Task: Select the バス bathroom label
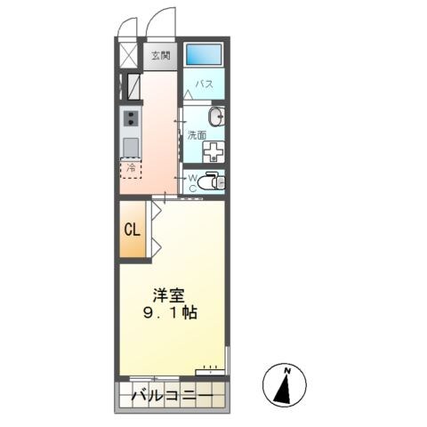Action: (x=204, y=85)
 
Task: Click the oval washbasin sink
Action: (x=215, y=117)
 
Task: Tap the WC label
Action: (x=191, y=181)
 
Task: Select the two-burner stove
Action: (x=130, y=118)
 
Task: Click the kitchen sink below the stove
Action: (x=130, y=146)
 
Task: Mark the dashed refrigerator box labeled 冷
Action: (x=130, y=168)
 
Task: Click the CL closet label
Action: (x=132, y=230)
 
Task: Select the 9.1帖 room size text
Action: (x=169, y=314)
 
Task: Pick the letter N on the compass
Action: (x=287, y=369)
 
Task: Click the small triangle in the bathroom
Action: (x=189, y=93)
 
